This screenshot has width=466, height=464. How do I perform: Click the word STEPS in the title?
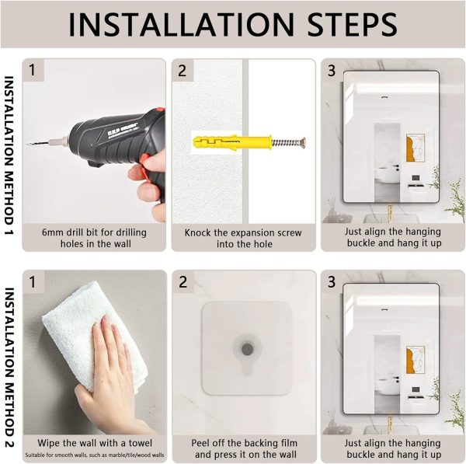[352, 24]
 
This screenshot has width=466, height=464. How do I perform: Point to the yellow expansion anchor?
[232, 142]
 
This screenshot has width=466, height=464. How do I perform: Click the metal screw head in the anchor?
[303, 142]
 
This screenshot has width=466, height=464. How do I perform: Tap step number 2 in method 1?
[182, 71]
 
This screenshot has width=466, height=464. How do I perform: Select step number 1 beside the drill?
[33, 71]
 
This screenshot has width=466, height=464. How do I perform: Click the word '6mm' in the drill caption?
[52, 232]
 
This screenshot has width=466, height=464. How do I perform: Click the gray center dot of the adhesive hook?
[247, 349]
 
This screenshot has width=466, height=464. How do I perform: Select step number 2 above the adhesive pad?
[183, 282]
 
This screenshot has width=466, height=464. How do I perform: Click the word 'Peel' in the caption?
[200, 443]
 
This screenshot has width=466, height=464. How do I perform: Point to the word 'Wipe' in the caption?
[48, 443]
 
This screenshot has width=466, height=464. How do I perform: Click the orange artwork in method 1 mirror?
[415, 148]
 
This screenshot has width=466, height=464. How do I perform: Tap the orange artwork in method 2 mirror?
[415, 360]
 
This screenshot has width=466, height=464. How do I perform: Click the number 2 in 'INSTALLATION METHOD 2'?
[9, 444]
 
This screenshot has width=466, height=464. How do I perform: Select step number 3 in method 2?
[332, 282]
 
